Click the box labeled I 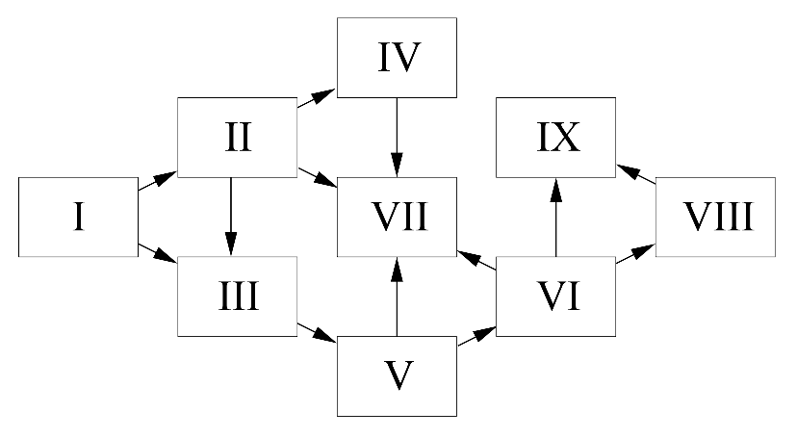pos(78,217)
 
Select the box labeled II pos(238,137)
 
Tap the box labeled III pos(238,296)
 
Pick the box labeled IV pos(396,57)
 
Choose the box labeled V pos(396,375)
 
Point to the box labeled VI pos(555,296)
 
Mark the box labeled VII pos(396,217)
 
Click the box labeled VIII pos(716,217)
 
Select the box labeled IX pos(555,137)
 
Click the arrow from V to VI pos(476,334)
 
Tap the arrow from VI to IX pos(555,217)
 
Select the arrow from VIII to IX pos(635,173)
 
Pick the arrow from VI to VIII pos(635,255)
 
